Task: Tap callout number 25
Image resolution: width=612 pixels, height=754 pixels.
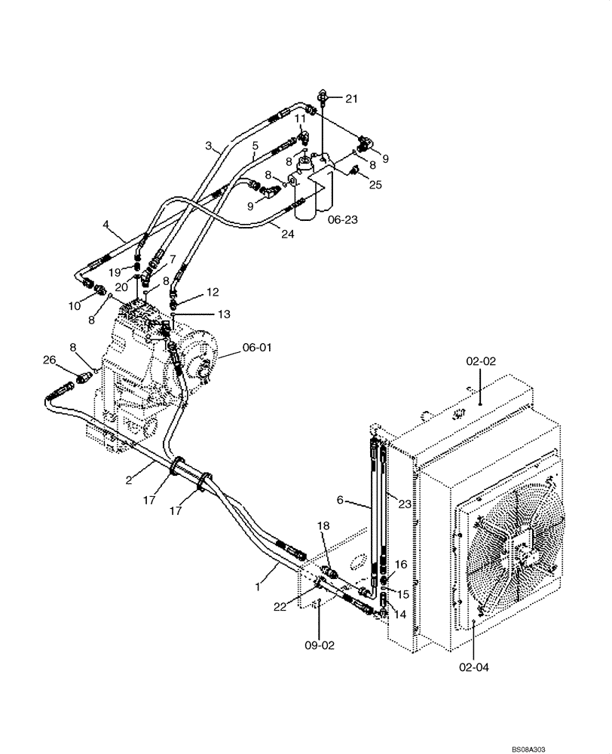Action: tap(376, 184)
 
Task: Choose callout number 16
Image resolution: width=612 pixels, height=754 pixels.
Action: tap(400, 563)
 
